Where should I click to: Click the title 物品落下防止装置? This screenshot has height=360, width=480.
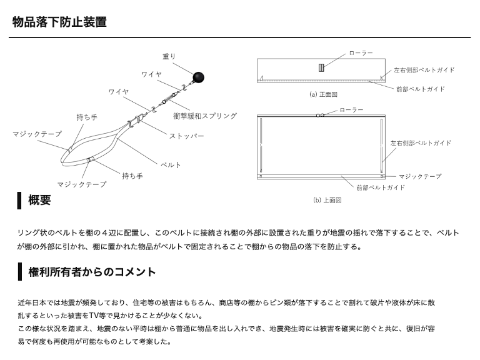(59, 22)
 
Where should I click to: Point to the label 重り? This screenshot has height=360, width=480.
(169, 56)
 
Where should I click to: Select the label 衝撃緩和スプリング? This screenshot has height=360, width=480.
(204, 116)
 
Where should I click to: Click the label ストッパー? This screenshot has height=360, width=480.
(187, 136)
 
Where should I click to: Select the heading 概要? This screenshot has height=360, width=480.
(39, 200)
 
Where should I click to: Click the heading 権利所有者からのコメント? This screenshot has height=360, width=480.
(92, 272)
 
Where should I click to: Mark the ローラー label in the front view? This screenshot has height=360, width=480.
(360, 53)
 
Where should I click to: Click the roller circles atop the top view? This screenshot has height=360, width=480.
(321, 116)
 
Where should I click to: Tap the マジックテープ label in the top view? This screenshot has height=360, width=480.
(419, 177)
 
